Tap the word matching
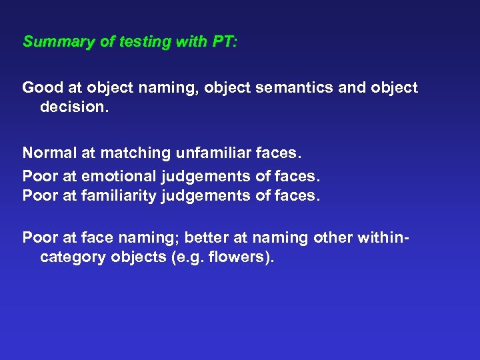135,153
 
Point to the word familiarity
119,195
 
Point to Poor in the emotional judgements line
39,176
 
